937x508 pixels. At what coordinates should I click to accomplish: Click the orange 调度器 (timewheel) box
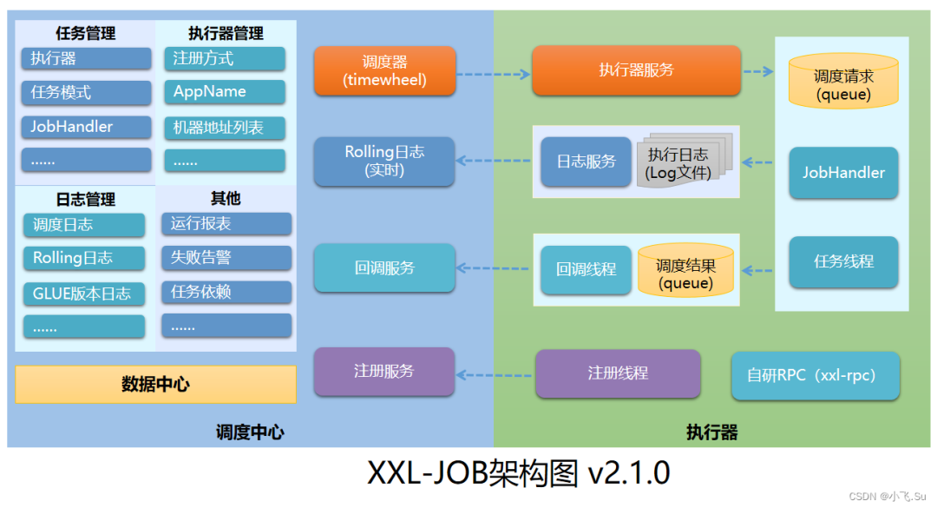click(384, 70)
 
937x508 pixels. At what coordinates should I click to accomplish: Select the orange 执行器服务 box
click(636, 70)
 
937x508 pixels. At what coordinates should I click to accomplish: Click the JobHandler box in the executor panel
click(843, 172)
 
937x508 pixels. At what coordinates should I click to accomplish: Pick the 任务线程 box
click(843, 261)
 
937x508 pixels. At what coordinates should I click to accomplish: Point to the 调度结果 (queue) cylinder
click(685, 273)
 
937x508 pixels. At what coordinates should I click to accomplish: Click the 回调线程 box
click(586, 269)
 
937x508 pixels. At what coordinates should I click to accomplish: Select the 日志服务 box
click(586, 162)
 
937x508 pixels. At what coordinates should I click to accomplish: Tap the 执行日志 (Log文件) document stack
click(680, 162)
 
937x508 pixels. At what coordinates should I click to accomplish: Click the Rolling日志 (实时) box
click(384, 162)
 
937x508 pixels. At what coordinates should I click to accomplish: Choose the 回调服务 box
click(384, 267)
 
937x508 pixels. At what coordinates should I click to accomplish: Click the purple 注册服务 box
click(384, 372)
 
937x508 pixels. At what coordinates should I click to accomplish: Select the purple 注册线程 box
click(618, 373)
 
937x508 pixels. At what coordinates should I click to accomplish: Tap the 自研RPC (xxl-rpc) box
click(815, 376)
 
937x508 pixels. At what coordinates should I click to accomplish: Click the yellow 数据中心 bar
click(155, 385)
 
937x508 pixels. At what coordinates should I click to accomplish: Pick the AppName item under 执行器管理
click(225, 92)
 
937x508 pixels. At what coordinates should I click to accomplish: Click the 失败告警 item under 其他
click(226, 258)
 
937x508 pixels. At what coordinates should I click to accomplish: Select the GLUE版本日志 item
click(84, 293)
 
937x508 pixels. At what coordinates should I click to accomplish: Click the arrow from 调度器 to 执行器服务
click(493, 74)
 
